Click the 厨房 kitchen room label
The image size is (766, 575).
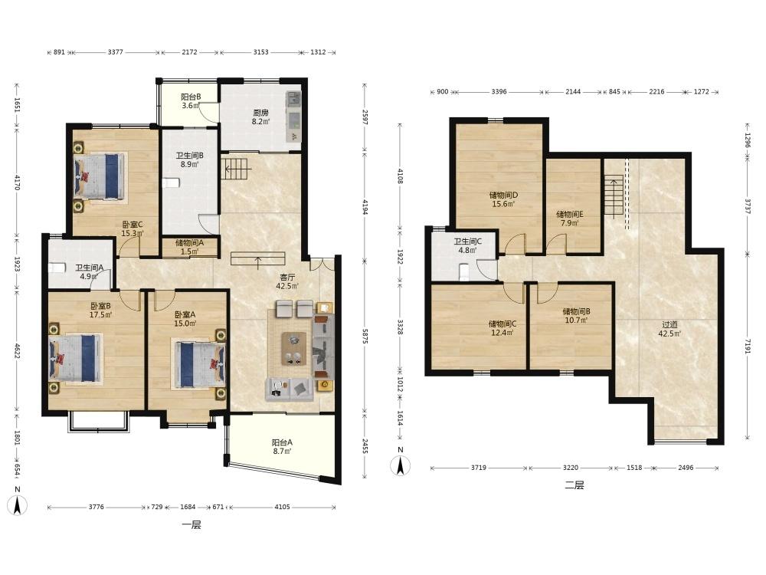(x=260, y=113)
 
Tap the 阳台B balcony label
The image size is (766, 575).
(x=191, y=97)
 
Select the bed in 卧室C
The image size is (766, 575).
(x=100, y=176)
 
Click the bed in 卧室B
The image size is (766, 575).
(x=76, y=358)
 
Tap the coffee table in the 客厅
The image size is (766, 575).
(x=293, y=349)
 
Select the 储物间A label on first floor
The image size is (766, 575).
(x=189, y=242)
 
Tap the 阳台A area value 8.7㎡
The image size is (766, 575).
(x=282, y=452)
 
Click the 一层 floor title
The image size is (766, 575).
(x=191, y=525)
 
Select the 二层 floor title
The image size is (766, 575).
(x=574, y=485)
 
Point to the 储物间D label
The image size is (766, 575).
(x=504, y=195)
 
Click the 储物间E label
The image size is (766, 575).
(x=570, y=214)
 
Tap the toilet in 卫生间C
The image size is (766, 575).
(x=465, y=272)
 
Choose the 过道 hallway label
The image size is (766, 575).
(x=669, y=324)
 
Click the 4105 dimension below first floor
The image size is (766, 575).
(x=282, y=507)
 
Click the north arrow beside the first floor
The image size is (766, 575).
(x=18, y=504)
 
